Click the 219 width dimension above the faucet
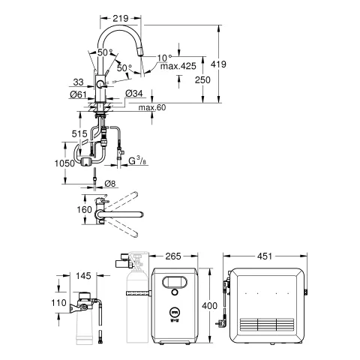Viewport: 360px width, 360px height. click(131, 15)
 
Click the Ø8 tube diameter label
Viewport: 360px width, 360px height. click(109, 183)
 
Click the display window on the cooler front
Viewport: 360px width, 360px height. click(172, 283)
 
